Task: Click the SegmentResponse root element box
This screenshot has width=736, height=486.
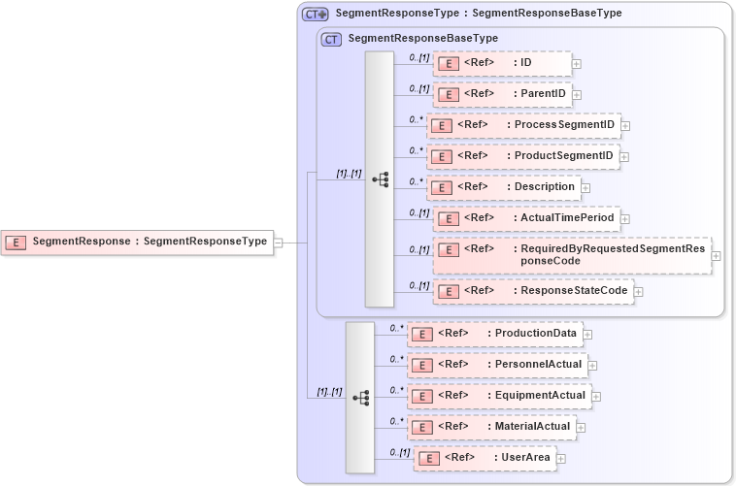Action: point(137,242)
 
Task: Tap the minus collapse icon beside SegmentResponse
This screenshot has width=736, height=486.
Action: point(279,243)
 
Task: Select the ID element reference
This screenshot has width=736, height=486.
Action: point(501,64)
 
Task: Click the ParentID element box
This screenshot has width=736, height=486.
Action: point(501,94)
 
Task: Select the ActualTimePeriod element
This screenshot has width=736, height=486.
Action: point(525,218)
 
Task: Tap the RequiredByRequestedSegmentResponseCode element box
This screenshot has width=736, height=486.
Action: point(571,254)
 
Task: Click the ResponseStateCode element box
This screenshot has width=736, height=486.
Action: point(533,290)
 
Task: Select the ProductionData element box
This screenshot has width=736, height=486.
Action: point(494,334)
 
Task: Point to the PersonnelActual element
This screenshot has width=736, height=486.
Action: point(497,365)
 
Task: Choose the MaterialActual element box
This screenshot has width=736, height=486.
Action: point(491,426)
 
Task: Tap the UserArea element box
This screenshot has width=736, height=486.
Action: point(485,458)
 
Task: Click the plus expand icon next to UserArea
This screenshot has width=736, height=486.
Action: point(561,458)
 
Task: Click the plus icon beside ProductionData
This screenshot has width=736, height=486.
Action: point(587,335)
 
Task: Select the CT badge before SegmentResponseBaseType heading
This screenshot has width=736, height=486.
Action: point(331,39)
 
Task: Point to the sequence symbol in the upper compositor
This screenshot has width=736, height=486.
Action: point(380,179)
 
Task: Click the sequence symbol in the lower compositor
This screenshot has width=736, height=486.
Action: point(360,398)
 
